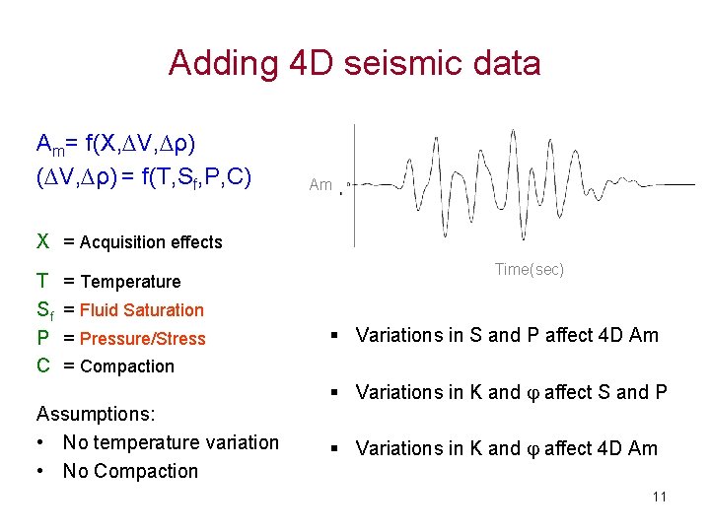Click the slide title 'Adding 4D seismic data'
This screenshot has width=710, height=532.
pos(354,63)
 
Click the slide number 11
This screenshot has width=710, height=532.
pos(659,497)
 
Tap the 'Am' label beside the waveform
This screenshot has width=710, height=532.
pos(320,184)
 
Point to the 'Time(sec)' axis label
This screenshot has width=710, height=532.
pos(530,270)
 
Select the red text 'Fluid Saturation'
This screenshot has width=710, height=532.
pos(142,310)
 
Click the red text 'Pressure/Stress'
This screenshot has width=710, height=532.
pos(143,339)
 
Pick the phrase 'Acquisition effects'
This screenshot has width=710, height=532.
pos(151,242)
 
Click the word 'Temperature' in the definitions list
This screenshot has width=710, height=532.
pos(131,282)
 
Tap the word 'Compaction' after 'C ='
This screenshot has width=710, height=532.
pos(127,366)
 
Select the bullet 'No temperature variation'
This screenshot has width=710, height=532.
pos(171,442)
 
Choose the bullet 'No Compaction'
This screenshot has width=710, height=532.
pos(130,471)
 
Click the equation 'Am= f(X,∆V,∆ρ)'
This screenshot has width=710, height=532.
pos(115,145)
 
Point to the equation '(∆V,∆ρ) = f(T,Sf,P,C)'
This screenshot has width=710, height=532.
pos(144,177)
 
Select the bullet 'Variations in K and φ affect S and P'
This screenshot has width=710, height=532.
pos(511,392)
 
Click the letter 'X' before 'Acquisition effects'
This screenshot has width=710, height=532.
pos(42,241)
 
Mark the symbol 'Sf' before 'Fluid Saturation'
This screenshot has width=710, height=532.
pos(44,310)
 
